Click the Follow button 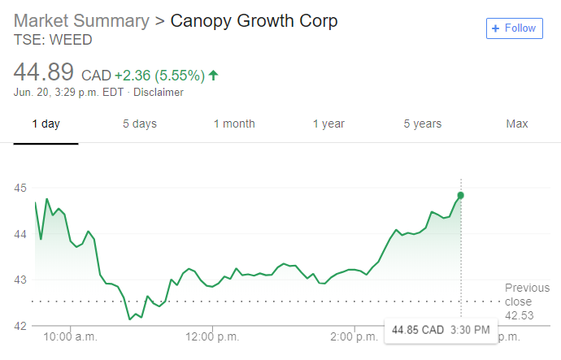(514, 28)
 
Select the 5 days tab (140, 124)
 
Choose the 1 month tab (234, 124)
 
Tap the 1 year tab (328, 124)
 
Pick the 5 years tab (423, 124)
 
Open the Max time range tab (517, 124)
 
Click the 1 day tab (46, 124)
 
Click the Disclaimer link (159, 92)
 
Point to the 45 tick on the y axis (20, 188)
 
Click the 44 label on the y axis (20, 234)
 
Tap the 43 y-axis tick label (20, 280)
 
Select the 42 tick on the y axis (20, 326)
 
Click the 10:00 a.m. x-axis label (70, 336)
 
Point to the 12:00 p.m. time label (212, 336)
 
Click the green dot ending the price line (461, 195)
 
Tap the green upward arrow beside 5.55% (213, 76)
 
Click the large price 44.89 (44, 72)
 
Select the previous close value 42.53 (520, 315)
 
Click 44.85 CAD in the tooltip (418, 330)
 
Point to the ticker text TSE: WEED (53, 40)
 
